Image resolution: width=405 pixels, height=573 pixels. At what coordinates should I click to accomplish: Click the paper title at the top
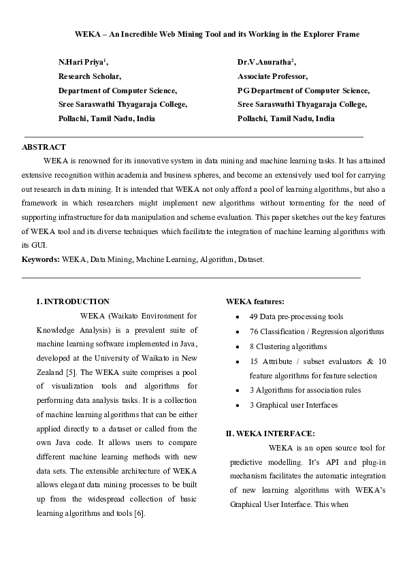pos(216,33)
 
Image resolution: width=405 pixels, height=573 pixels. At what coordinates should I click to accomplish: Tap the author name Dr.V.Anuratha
pos(265,62)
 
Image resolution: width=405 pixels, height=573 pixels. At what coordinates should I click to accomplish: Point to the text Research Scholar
pos(89,76)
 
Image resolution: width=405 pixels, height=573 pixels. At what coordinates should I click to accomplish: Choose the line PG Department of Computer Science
pos(304,90)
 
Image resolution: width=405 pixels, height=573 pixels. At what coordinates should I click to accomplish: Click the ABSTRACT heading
pos(44,147)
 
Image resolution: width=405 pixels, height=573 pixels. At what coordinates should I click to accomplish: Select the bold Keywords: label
pos(40,259)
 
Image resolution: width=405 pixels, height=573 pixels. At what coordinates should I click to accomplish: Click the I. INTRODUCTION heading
pos(73,301)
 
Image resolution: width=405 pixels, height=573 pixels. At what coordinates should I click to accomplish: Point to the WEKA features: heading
pos(255,301)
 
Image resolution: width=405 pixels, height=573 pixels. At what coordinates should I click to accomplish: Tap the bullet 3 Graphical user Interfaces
pos(294,405)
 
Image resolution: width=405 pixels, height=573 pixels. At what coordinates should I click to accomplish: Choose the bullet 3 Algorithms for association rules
pos(305,390)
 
